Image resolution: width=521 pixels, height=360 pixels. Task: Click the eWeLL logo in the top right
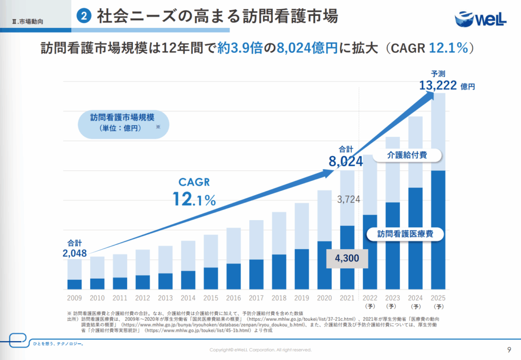(480, 18)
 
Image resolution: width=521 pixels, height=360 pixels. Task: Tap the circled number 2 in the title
(83, 16)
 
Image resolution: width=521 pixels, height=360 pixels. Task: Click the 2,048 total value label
(75, 253)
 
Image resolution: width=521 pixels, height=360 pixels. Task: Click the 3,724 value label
(349, 200)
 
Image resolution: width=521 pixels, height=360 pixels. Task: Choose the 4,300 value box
(346, 258)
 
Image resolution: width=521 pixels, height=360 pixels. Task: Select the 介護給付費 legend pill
(407, 155)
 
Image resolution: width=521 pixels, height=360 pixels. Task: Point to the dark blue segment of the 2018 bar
(279, 272)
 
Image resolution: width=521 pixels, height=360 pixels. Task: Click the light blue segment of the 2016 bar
(234, 245)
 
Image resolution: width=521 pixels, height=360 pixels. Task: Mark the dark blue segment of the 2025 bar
(438, 229)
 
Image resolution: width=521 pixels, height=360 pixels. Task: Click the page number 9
(509, 349)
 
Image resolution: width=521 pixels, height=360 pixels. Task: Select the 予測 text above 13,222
(438, 73)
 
